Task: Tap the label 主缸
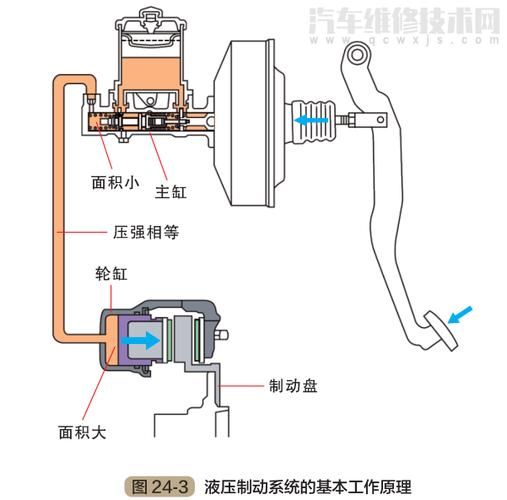pyautogui.click(x=177, y=186)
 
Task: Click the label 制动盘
pyautogui.click(x=293, y=384)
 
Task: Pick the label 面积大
pyautogui.click(x=78, y=432)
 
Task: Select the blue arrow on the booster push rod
pyautogui.click(x=311, y=119)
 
